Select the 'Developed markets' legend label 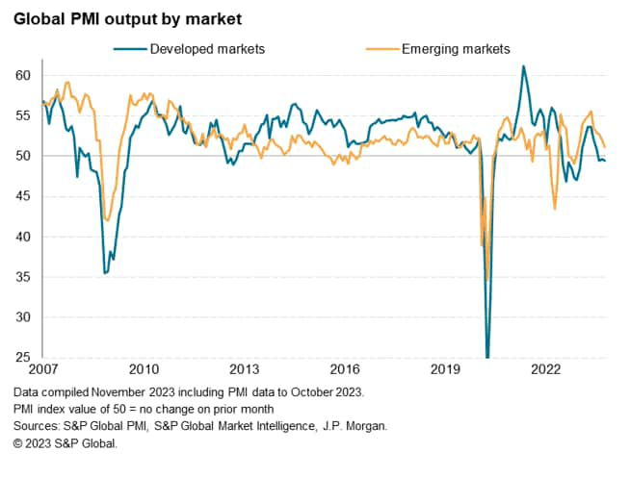pyautogui.click(x=207, y=48)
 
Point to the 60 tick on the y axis pyautogui.click(x=23, y=75)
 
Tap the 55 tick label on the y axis pyautogui.click(x=23, y=115)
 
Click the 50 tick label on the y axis pyautogui.click(x=23, y=156)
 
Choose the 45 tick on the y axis pyautogui.click(x=23, y=196)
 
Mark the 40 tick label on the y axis pyautogui.click(x=23, y=237)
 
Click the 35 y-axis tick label pyautogui.click(x=23, y=277)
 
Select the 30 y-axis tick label pyautogui.click(x=23, y=317)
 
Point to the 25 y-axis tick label pyautogui.click(x=23, y=358)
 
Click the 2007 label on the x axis pyautogui.click(x=43, y=368)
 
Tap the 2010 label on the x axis pyautogui.click(x=144, y=368)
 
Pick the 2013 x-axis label pyautogui.click(x=245, y=368)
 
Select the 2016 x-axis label pyautogui.click(x=345, y=368)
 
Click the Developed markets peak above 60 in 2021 pyautogui.click(x=523, y=66)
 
